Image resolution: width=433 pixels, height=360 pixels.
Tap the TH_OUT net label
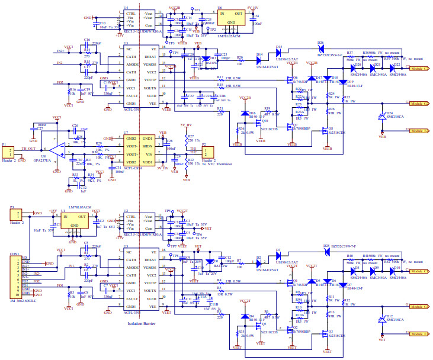click(x=29, y=149)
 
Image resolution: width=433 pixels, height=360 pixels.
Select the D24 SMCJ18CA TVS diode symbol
click(x=382, y=115)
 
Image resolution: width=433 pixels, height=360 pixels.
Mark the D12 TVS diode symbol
click(x=382, y=319)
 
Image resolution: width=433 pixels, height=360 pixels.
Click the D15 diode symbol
click(x=278, y=52)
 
